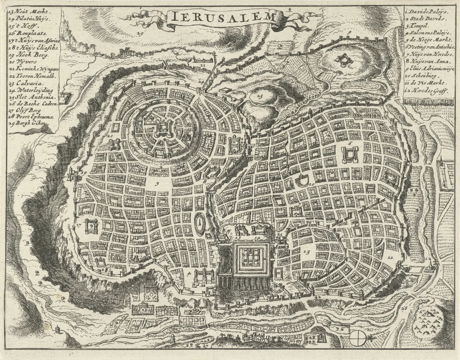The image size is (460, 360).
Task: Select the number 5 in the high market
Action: pos(156,183)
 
